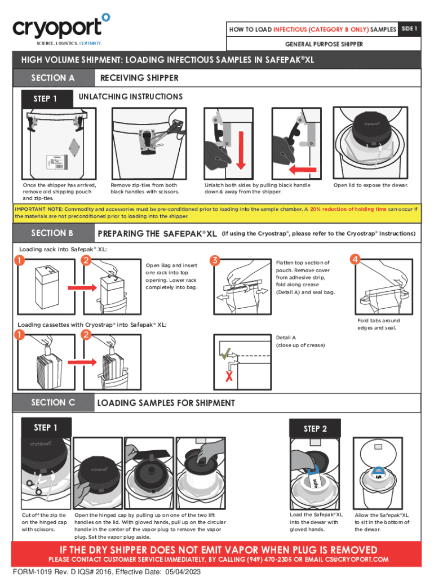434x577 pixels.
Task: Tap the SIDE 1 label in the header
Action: (x=409, y=29)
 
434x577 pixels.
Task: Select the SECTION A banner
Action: (x=53, y=78)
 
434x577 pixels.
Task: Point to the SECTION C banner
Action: (x=53, y=402)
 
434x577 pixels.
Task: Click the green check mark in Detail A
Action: (x=226, y=354)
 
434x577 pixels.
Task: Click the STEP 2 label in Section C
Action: (x=315, y=428)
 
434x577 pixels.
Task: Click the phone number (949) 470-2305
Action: (x=269, y=560)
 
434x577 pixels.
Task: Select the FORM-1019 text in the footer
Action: (x=32, y=571)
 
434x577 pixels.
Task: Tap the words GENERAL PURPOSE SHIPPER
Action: (x=324, y=44)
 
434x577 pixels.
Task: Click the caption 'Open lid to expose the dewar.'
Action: (x=370, y=185)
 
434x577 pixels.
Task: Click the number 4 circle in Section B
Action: (x=355, y=260)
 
